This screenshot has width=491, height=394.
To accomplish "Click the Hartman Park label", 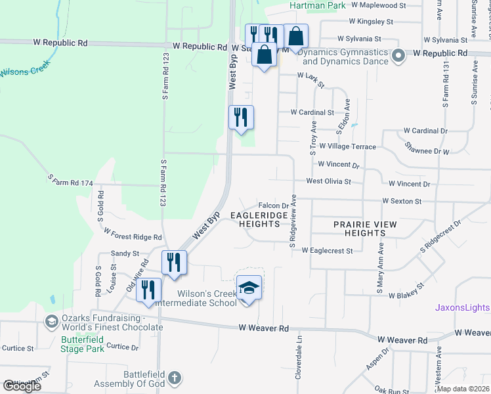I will pos(317,5).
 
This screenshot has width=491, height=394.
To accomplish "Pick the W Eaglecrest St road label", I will pos(328,250).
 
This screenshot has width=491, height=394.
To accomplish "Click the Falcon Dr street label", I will pos(274,206).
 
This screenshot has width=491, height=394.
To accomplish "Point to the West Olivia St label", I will pos(329,181).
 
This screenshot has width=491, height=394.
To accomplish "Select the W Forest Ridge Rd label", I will pos(133,233).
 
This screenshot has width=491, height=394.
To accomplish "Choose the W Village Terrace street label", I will pos(347,146).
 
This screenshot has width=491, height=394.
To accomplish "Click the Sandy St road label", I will pos(125,253).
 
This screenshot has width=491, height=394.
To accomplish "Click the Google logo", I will pos(22,386).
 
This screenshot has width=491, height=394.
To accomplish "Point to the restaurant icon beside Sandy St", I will pos(175,261).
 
